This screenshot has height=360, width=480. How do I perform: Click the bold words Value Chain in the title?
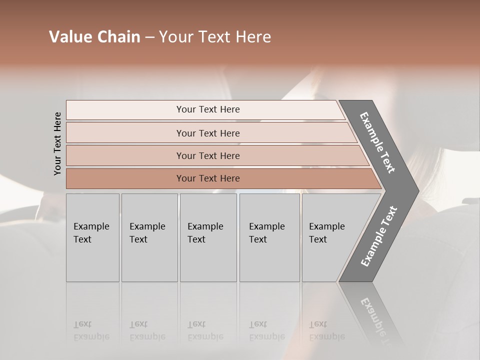pos(94,37)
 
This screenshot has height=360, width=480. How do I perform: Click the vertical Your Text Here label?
pos(57,143)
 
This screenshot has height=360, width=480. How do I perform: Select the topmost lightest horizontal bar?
pos(207,109)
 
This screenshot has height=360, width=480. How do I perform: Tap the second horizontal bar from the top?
pos(207,133)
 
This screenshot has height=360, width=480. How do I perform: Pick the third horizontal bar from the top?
pos(207,155)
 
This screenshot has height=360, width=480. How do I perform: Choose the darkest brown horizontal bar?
pos(207,178)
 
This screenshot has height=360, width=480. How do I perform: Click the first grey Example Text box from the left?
pos(92,237)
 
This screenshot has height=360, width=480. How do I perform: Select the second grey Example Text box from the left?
pos(149,237)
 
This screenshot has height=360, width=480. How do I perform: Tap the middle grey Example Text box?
pos(208,237)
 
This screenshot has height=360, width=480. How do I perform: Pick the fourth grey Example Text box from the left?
pos(269,237)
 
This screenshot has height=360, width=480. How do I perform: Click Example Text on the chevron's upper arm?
pos(377,142)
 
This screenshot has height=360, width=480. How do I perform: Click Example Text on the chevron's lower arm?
pos(379,236)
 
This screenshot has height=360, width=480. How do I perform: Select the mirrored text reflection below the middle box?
pos(205,330)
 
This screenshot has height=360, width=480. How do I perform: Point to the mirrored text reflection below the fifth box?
pos(327,330)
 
